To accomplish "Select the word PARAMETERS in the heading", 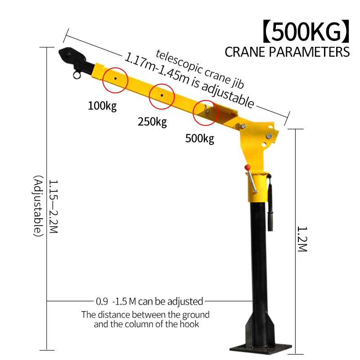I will (x=312, y=52).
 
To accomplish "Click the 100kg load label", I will (x=102, y=107).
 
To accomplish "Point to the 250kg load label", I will (x=152, y=121).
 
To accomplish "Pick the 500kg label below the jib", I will (x=200, y=138).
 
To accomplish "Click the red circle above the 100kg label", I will (x=115, y=79).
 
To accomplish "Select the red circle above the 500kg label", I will (x=206, y=113).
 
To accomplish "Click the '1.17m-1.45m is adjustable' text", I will (x=189, y=81).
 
